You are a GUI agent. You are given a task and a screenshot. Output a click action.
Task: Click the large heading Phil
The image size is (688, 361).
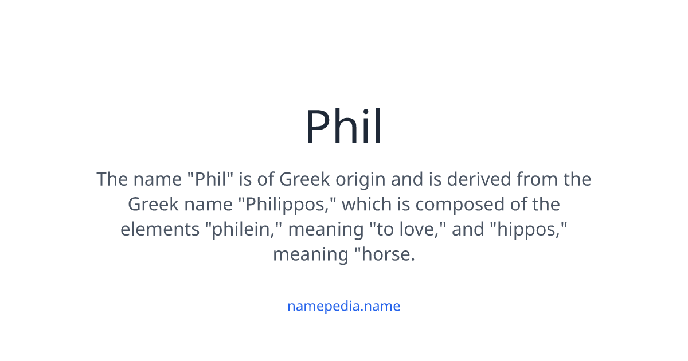343,126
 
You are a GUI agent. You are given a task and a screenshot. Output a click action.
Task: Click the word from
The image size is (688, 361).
536,179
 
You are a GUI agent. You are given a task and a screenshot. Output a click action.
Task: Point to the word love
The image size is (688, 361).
424,229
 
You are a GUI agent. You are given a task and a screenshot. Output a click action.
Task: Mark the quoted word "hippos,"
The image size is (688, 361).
528,229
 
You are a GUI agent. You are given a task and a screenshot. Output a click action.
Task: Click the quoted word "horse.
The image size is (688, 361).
382,254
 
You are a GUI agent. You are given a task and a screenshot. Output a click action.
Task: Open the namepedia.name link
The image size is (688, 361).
343,306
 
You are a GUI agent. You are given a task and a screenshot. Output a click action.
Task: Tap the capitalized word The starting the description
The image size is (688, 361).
112,179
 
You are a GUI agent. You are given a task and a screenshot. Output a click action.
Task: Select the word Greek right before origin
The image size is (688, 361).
304,179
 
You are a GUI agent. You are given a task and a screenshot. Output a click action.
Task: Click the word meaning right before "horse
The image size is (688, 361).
308,254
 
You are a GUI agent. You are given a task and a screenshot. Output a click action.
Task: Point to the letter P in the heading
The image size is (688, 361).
318,127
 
